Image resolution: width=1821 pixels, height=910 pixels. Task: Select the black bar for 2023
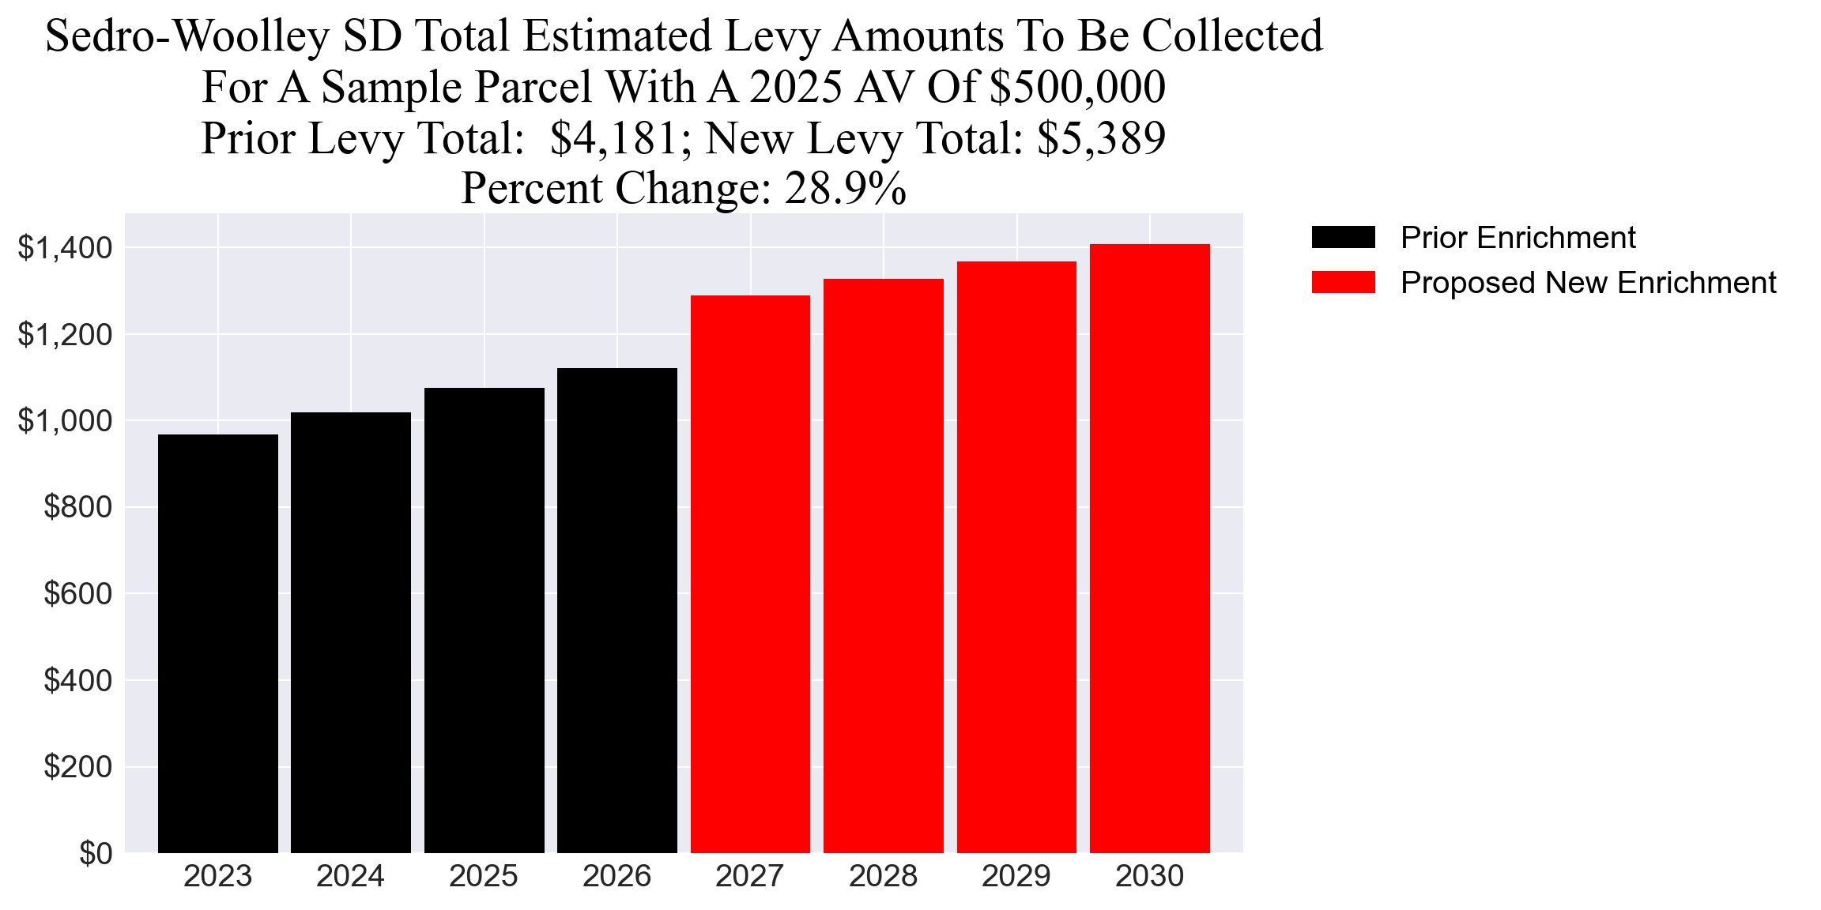click(x=217, y=644)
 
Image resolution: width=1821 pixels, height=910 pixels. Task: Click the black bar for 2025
click(x=484, y=620)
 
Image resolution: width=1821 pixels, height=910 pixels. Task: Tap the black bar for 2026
click(x=616, y=610)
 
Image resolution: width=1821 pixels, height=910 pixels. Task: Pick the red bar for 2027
click(x=750, y=574)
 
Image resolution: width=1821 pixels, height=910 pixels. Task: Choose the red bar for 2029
click(x=1016, y=557)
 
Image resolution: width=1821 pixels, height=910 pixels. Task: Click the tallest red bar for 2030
click(x=1149, y=548)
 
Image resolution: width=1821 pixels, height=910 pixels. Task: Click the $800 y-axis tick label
click(x=77, y=507)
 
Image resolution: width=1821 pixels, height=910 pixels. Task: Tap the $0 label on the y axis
click(x=96, y=853)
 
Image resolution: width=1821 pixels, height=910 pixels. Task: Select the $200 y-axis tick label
click(x=77, y=767)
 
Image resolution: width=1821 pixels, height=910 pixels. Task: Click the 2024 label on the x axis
click(x=350, y=877)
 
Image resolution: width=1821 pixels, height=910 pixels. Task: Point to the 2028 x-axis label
click(x=883, y=877)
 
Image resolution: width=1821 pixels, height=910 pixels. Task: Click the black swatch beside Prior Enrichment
click(x=1343, y=237)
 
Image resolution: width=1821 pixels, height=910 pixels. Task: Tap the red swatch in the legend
click(x=1343, y=282)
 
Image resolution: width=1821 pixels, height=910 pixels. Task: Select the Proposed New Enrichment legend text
click(x=1588, y=283)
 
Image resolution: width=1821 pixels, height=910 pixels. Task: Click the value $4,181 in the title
click(x=614, y=138)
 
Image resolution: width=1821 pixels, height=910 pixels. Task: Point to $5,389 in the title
click(x=1101, y=138)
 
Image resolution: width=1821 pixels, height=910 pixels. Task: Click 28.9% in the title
click(x=845, y=189)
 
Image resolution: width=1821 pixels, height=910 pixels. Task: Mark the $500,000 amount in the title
click(x=1077, y=87)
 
